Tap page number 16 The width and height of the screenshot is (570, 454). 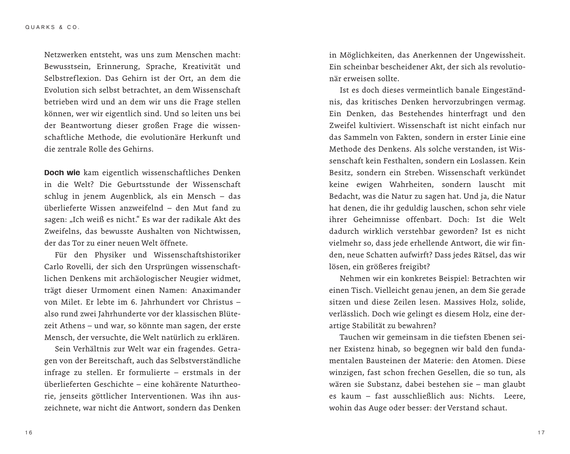[x=29, y=433]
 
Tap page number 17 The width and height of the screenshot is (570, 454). [x=541, y=433]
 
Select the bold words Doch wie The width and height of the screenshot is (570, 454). [x=62, y=173]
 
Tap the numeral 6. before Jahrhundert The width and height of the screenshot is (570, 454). [x=132, y=302]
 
